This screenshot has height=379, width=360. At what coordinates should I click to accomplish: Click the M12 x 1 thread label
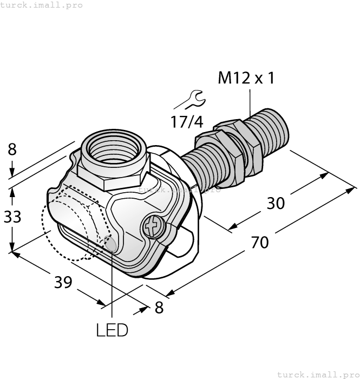point(246,79)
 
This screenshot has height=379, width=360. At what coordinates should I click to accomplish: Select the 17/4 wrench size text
point(187,122)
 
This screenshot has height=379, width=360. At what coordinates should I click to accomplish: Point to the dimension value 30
point(276,203)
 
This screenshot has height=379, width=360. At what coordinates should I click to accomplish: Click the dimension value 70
point(260,242)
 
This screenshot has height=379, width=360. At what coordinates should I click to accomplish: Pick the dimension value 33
point(11,217)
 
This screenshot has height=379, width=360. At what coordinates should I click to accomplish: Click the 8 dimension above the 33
point(12,149)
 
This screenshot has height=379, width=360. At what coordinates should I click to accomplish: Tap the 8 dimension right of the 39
point(159,308)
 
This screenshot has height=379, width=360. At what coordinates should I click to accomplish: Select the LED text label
point(112,330)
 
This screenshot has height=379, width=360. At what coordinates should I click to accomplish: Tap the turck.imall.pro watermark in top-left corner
point(42,5)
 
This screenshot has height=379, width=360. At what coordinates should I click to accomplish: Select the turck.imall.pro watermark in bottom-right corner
point(317,374)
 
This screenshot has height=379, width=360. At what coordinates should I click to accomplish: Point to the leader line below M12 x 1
point(250,103)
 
